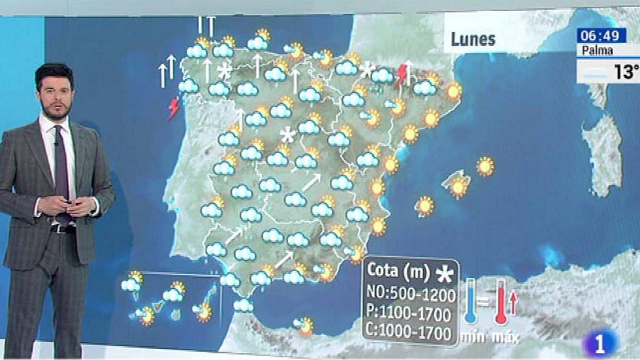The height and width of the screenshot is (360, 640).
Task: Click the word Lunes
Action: pos(473,39)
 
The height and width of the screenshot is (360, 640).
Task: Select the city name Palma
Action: pos(597,51)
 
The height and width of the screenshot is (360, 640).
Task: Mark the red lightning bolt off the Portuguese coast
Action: pos(174,108)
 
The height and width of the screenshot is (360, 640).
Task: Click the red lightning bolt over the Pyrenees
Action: pos(401,76)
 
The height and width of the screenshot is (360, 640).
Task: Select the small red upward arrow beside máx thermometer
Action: pos(513,303)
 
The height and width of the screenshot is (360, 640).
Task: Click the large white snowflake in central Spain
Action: pos(288,135)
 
